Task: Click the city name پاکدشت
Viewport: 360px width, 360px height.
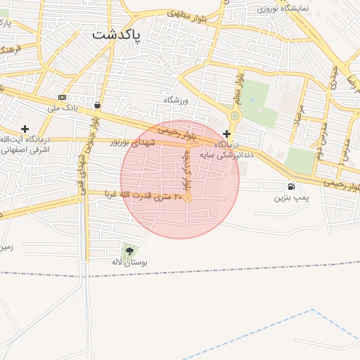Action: pyautogui.click(x=116, y=33)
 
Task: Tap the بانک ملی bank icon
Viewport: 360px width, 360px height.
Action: pyautogui.click(x=63, y=97)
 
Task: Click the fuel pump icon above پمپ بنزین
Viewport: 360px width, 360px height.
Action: pyautogui.click(x=291, y=186)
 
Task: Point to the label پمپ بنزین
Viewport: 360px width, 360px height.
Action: pyautogui.click(x=291, y=198)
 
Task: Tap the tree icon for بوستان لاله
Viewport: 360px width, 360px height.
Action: pyautogui.click(x=128, y=250)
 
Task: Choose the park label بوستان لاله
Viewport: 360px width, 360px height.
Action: pyautogui.click(x=127, y=262)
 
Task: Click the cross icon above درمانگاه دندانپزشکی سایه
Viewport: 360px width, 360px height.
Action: pyautogui.click(x=226, y=133)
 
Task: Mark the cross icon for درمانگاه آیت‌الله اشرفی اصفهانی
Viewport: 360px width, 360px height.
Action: pyautogui.click(x=25, y=129)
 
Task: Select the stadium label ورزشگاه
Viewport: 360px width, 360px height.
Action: pyautogui.click(x=177, y=101)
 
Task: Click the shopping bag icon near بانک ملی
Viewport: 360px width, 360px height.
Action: pyautogui.click(x=96, y=105)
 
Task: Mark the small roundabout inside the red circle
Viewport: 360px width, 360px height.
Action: pyautogui.click(x=188, y=198)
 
